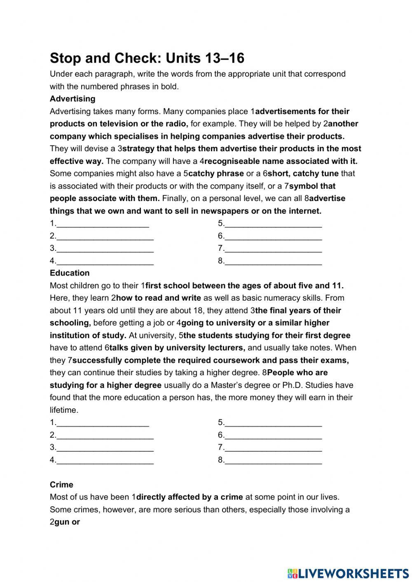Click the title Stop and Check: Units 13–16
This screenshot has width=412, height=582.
[x=147, y=58]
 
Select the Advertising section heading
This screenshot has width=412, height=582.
[x=73, y=99]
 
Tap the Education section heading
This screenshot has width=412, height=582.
[x=70, y=273]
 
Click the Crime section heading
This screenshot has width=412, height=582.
[x=61, y=485]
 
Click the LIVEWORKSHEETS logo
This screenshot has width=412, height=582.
[x=348, y=573]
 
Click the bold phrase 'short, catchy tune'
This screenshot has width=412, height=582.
[x=303, y=174]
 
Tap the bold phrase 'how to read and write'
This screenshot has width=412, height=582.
[x=159, y=298]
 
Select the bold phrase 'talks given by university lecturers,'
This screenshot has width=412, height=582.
[x=177, y=348]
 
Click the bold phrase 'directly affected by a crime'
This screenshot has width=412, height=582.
[x=190, y=497]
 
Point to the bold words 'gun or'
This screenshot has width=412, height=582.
[x=67, y=522]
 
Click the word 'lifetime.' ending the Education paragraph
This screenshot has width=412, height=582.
[x=64, y=410]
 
